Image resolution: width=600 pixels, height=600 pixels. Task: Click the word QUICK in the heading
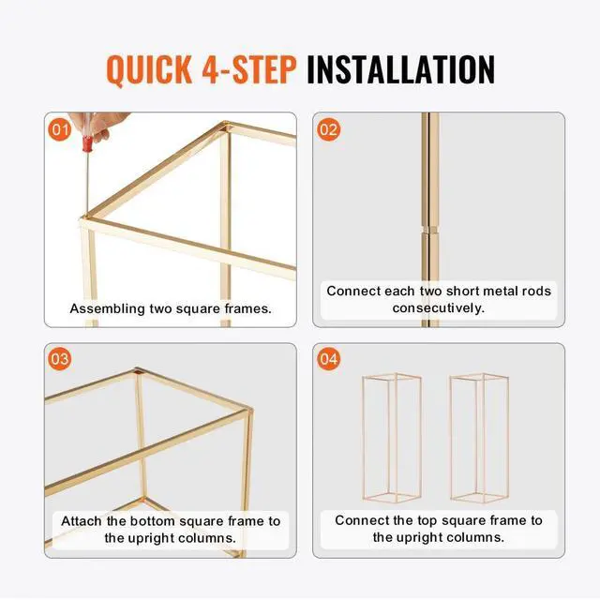click(149, 69)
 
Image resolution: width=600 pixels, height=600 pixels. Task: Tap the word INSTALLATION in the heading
click(400, 69)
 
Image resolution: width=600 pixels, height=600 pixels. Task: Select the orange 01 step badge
click(60, 129)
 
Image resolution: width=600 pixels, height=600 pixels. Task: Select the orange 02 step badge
click(328, 129)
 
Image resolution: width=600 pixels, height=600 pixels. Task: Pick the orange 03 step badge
click(60, 359)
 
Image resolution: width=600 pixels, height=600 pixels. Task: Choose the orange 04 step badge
click(328, 359)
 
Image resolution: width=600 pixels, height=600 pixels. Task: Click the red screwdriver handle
click(87, 143)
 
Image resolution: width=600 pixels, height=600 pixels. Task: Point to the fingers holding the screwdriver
click(100, 125)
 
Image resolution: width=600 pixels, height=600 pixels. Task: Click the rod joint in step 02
click(429, 229)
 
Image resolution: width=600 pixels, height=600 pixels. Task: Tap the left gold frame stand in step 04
click(392, 438)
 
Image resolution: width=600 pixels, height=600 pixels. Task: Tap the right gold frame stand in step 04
click(479, 438)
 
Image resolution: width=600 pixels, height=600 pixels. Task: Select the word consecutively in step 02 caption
click(438, 307)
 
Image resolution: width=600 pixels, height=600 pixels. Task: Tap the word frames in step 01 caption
click(247, 308)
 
